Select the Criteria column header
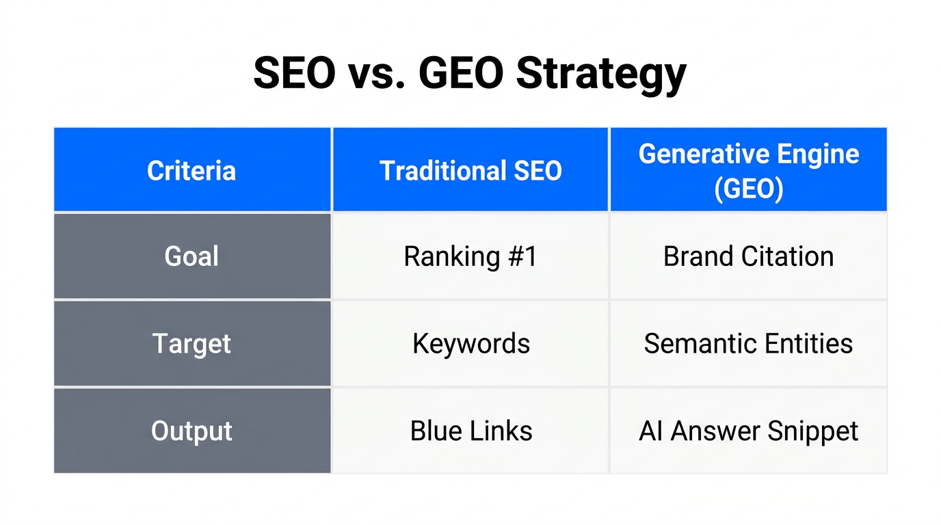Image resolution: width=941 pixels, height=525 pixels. [191, 170]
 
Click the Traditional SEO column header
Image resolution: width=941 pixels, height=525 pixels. [471, 170]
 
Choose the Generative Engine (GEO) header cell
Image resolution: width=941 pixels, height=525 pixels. [748, 170]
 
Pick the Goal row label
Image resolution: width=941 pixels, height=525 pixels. [191, 256]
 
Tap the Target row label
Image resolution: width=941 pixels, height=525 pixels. [191, 343]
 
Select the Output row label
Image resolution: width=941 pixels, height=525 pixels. [191, 431]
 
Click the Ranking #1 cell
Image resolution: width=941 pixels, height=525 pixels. [471, 256]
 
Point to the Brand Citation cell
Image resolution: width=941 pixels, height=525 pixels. [748, 256]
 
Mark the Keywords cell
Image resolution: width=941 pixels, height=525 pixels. [471, 343]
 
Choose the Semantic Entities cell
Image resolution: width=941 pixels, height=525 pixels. [748, 343]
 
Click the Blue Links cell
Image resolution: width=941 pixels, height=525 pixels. [471, 431]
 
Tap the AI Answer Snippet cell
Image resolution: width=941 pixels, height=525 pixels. [748, 431]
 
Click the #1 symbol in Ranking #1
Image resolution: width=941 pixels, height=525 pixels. [523, 256]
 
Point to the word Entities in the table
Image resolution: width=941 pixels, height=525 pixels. [808, 343]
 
